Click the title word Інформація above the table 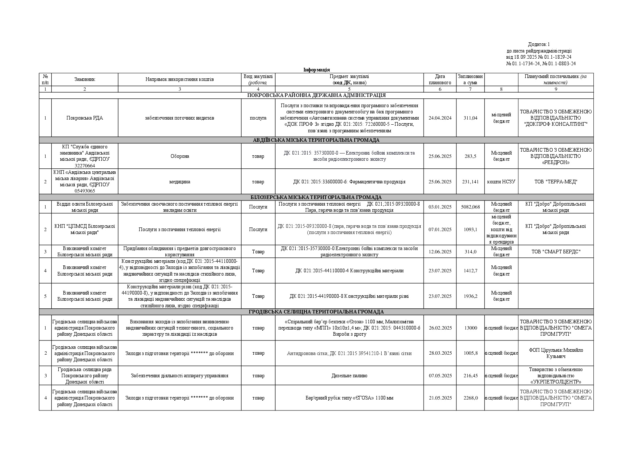pyautogui.click(x=316, y=70)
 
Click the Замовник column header pyautogui.click(x=85, y=79)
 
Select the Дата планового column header pyautogui.click(x=440, y=79)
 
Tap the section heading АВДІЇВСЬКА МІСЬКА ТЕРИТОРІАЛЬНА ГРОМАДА pyautogui.click(x=316, y=140)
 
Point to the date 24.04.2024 pyautogui.click(x=440, y=118)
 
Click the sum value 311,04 pyautogui.click(x=470, y=118)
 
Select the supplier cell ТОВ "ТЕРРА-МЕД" pyautogui.click(x=556, y=182)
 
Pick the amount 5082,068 pyautogui.click(x=470, y=207)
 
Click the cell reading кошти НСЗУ pyautogui.click(x=501, y=182)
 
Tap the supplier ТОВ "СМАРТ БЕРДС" pyautogui.click(x=556, y=252)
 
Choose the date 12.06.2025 pyautogui.click(x=440, y=252)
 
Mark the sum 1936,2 pyautogui.click(x=470, y=296)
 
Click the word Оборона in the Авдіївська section pyautogui.click(x=179, y=156)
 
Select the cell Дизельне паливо pyautogui.click(x=349, y=375)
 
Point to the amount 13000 pyautogui.click(x=470, y=328)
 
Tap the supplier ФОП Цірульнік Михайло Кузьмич pyautogui.click(x=556, y=353)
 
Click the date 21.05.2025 pyautogui.click(x=440, y=398)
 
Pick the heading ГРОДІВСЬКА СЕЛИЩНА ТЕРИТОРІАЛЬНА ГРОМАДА pyautogui.click(x=316, y=312)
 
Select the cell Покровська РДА pyautogui.click(x=85, y=118)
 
